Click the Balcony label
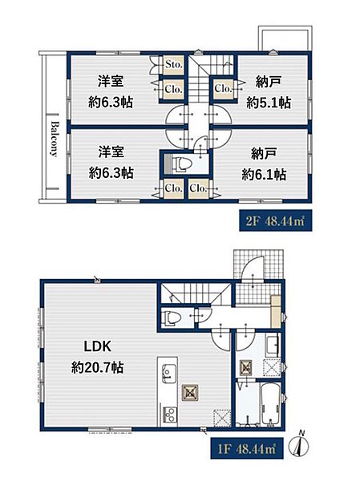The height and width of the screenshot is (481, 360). click(x=55, y=139)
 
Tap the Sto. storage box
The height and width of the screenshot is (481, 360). click(x=174, y=65)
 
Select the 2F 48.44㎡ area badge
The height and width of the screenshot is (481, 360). click(x=275, y=220)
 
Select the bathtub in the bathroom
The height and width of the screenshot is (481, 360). click(x=270, y=403)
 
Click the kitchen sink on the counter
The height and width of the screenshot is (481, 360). click(x=168, y=373)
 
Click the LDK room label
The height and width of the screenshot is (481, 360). click(x=98, y=346)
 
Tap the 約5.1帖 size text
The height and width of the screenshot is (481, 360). click(x=269, y=103)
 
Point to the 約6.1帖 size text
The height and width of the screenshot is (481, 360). click(x=264, y=174)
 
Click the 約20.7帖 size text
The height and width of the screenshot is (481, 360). click(x=97, y=367)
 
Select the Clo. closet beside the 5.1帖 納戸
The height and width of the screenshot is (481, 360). click(x=223, y=89)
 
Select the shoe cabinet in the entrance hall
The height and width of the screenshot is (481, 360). click(x=276, y=312)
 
